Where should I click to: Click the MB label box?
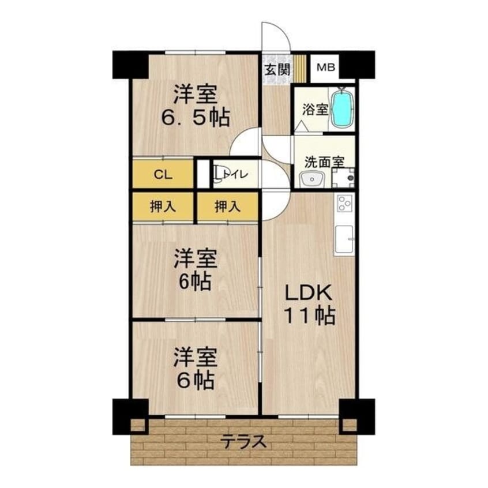pyautogui.click(x=325, y=67)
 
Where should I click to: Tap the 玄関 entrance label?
pyautogui.click(x=277, y=69)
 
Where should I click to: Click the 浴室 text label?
pyautogui.click(x=315, y=109)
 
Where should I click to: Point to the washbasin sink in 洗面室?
pyautogui.click(x=311, y=180)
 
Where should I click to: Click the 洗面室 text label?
pyautogui.click(x=324, y=162)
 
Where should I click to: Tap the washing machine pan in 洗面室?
pyautogui.click(x=343, y=178)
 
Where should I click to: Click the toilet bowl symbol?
pyautogui.click(x=217, y=174)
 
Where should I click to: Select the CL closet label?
pyautogui.click(x=163, y=175)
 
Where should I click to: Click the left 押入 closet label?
pyautogui.click(x=163, y=207)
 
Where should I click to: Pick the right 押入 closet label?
pyautogui.click(x=227, y=207)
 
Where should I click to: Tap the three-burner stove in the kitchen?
pyautogui.click(x=344, y=203)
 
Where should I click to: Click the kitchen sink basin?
pyautogui.click(x=344, y=239)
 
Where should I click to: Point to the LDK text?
pyautogui.click(x=308, y=292)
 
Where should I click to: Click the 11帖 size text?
pyautogui.click(x=310, y=316)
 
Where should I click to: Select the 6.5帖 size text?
pyautogui.click(x=196, y=117)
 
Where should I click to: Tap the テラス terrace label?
pyautogui.click(x=243, y=441)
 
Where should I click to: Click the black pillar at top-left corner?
pyautogui.click(x=131, y=65)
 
